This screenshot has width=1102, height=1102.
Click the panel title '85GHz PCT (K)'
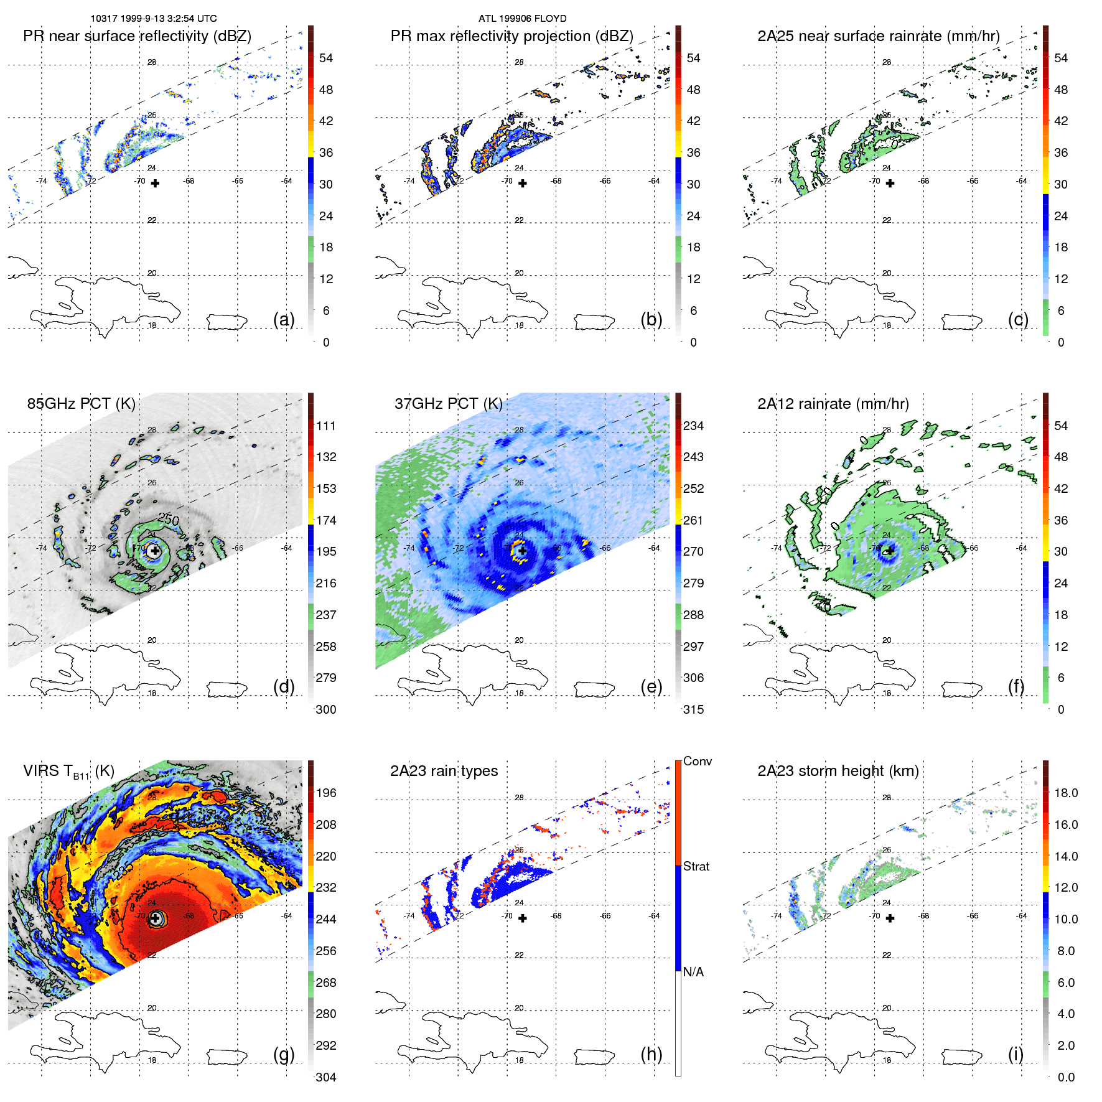pyautogui.click(x=81, y=404)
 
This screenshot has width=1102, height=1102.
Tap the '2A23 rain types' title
pyautogui.click(x=444, y=771)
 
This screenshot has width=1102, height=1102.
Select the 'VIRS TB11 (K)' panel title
pyautogui.click(x=68, y=772)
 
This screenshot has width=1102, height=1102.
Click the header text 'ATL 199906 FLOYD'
pyautogui.click(x=522, y=19)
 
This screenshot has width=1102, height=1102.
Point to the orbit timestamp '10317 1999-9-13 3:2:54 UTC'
pyautogui.click(x=154, y=19)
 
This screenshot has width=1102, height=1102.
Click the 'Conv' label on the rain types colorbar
pyautogui.click(x=698, y=761)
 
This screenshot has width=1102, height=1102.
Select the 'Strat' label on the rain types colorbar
pyautogui.click(x=696, y=866)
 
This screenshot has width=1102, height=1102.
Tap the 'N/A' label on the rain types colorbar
pyautogui.click(x=693, y=972)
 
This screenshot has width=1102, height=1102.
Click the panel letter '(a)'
pyautogui.click(x=284, y=319)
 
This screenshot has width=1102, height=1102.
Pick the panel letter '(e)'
pyautogui.click(x=651, y=686)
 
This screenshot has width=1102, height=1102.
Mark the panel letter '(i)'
pyautogui.click(x=1016, y=1054)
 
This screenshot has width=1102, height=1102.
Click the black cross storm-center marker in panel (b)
pyautogui.click(x=523, y=184)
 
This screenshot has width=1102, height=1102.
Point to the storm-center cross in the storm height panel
pyautogui.click(x=890, y=918)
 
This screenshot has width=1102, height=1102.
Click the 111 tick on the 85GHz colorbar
pyautogui.click(x=326, y=426)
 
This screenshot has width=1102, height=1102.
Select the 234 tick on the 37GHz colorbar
pyautogui.click(x=693, y=426)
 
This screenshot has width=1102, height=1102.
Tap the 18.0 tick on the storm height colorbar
pyautogui.click(x=1066, y=793)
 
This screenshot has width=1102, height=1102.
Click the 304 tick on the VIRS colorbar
pyautogui.click(x=326, y=1077)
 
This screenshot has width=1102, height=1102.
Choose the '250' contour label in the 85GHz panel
pyautogui.click(x=169, y=518)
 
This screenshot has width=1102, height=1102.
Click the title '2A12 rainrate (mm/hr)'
pyautogui.click(x=833, y=404)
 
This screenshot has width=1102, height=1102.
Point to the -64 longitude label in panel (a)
pyautogui.click(x=287, y=181)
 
